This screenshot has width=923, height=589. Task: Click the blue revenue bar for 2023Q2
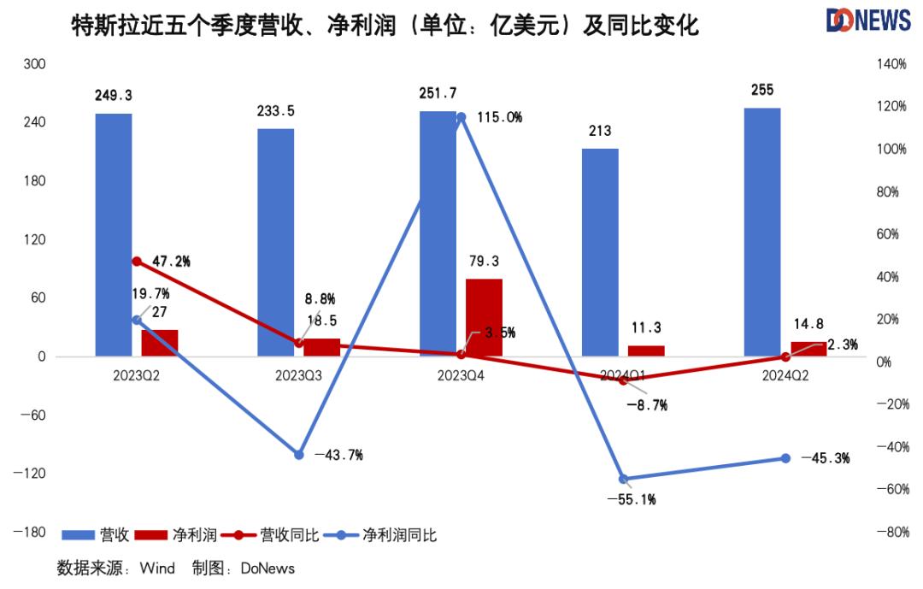pos(114,235)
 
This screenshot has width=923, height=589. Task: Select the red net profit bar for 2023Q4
pos(484,317)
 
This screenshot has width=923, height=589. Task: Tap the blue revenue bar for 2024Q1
pos(600,252)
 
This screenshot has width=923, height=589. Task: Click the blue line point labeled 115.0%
pos(461,117)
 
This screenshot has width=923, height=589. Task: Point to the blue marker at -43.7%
pos(299,455)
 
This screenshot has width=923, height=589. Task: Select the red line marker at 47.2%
pos(137,262)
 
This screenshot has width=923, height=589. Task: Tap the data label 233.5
pos(276,111)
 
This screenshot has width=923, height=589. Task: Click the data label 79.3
pos(484,260)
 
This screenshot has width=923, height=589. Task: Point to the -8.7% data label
pos(647,405)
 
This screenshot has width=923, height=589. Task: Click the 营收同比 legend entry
pos(270,535)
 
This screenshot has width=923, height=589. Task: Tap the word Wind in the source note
pos(157,568)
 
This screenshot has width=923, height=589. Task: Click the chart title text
pos(385,27)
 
